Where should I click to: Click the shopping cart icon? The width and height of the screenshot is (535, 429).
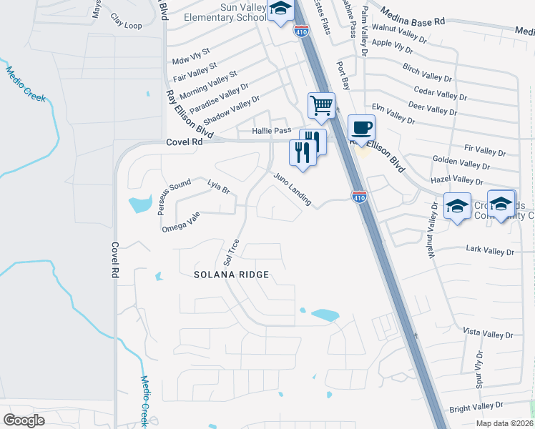click(322, 105)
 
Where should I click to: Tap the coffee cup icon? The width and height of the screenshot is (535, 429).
click(361, 128)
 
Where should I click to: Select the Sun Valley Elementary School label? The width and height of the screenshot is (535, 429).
click(225, 11)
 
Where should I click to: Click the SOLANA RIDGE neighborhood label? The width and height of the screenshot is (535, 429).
click(232, 275)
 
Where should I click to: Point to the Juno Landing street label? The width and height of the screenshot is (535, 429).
click(292, 189)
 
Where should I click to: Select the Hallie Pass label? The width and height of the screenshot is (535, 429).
click(272, 131)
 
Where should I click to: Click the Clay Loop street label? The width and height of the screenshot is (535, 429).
click(127, 21)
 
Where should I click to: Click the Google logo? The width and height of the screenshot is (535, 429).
click(24, 420)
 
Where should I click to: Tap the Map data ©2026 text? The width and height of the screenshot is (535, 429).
click(501, 423)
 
